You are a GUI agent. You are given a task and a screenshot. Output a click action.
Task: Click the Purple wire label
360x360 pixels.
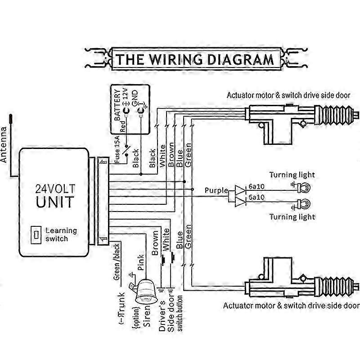click(216, 190)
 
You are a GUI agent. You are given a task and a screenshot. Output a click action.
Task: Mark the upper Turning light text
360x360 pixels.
click(292, 175)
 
